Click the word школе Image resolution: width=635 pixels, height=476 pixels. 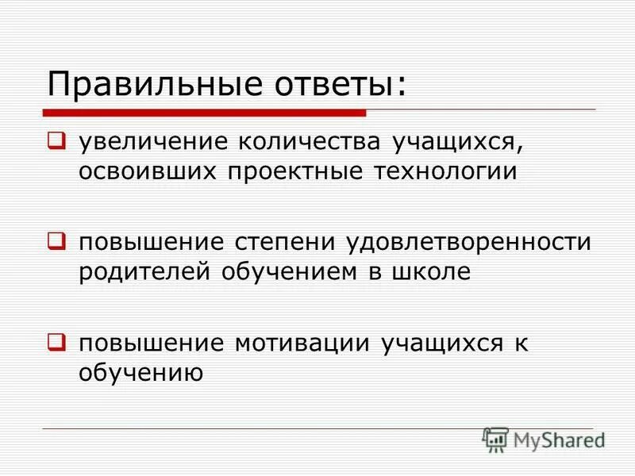432,271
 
